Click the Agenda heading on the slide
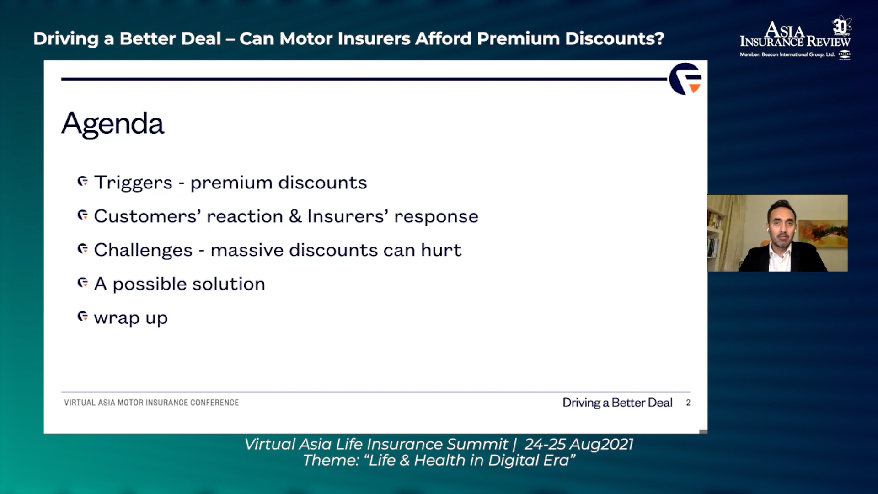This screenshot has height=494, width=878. tap(112, 123)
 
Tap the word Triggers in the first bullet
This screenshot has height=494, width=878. tap(134, 183)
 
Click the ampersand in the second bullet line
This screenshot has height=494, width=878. tap(295, 216)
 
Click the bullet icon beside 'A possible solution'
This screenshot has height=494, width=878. tap(83, 283)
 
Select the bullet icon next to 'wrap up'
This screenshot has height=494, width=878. tap(83, 317)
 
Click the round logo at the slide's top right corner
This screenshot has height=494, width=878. tap(685, 79)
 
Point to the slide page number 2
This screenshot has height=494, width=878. tap(688, 403)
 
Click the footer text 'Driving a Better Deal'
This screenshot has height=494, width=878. tap(617, 403)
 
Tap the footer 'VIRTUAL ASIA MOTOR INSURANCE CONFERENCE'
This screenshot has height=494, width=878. tap(151, 403)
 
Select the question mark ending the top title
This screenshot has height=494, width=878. tap(659, 38)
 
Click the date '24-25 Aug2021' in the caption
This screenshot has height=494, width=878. tap(579, 444)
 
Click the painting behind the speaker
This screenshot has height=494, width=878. tap(821, 231)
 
